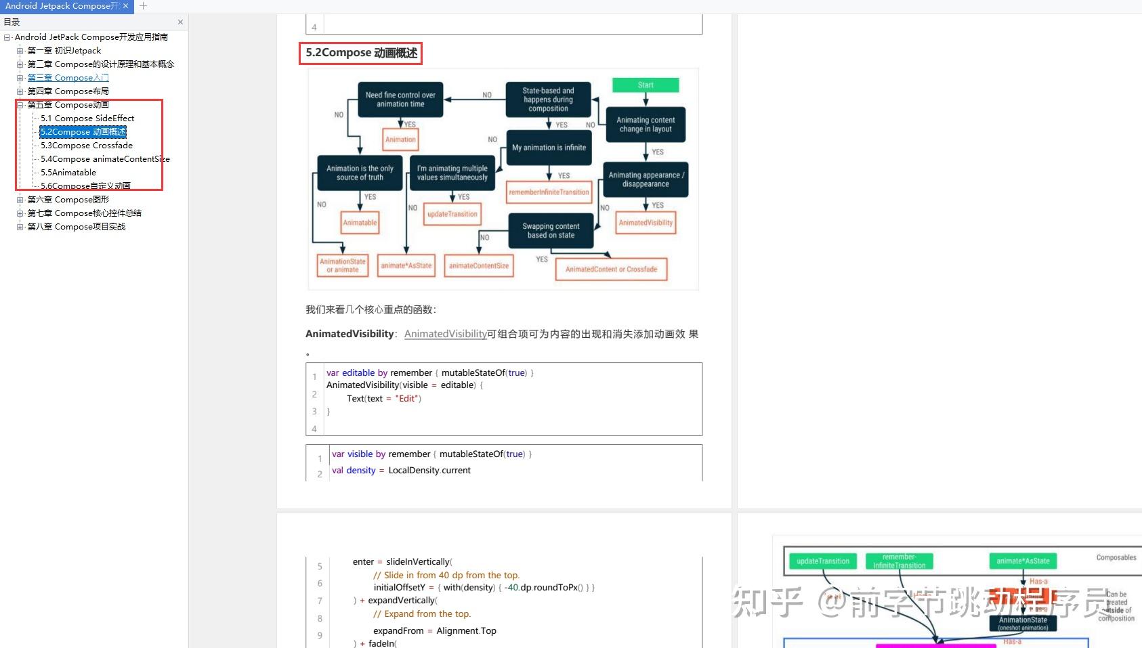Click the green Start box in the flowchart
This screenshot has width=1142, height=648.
645,85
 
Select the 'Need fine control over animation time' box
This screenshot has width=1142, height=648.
400,100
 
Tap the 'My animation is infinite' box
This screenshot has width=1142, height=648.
549,148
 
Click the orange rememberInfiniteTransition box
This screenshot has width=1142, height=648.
549,192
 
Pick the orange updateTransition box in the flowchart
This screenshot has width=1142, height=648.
452,214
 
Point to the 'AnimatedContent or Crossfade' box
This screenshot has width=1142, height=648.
611,269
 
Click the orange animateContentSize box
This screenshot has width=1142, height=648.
478,265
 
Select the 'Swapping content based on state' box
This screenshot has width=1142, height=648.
551,231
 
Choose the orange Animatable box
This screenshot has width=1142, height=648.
360,222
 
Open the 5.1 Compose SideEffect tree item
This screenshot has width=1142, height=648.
87,118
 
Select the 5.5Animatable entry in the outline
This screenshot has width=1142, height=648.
68,173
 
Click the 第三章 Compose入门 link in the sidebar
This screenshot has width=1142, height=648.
68,78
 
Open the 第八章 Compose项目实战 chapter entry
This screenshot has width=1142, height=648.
76,227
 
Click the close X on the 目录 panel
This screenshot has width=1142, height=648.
180,22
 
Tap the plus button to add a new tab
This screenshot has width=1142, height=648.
143,6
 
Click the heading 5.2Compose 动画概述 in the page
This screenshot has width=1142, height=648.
361,53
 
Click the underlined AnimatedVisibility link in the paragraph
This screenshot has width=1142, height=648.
445,334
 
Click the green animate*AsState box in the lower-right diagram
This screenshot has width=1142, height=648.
1022,561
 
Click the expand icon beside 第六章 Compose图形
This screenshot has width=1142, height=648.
20,200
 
